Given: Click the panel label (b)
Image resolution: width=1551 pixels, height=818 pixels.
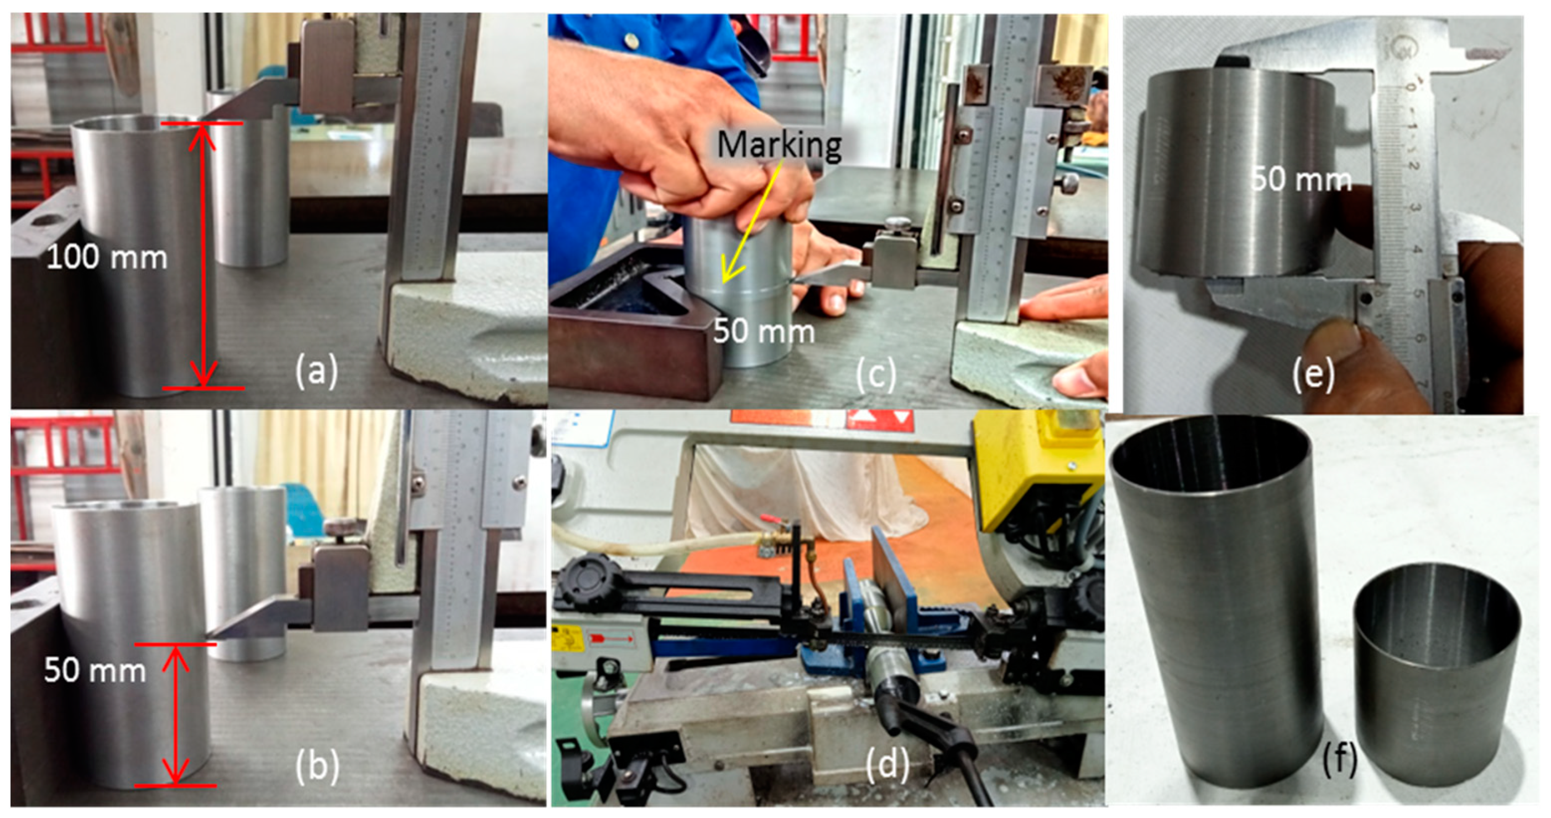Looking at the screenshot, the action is (x=317, y=765).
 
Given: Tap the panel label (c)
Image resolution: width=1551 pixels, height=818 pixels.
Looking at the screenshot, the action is (x=876, y=374).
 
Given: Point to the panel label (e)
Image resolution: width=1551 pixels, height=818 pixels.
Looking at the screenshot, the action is (x=1313, y=373).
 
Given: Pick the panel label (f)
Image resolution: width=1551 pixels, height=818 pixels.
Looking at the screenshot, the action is (x=1340, y=758).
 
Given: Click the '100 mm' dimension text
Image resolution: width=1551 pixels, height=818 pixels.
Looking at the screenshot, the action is (x=107, y=258).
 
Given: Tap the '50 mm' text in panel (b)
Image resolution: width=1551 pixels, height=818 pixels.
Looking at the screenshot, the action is (x=95, y=670).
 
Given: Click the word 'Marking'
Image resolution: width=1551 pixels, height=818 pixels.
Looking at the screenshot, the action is (x=779, y=146).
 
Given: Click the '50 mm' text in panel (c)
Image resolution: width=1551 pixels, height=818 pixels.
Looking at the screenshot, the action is (x=764, y=331).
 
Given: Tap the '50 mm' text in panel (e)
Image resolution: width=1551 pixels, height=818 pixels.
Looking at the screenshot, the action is (x=1301, y=179).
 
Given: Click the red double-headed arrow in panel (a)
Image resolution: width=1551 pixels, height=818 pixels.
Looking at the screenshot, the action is (x=203, y=256).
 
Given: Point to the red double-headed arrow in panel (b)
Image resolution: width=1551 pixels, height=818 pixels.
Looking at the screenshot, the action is (x=176, y=715).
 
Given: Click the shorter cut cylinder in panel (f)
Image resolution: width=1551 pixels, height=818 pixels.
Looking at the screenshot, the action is (x=1437, y=675).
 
